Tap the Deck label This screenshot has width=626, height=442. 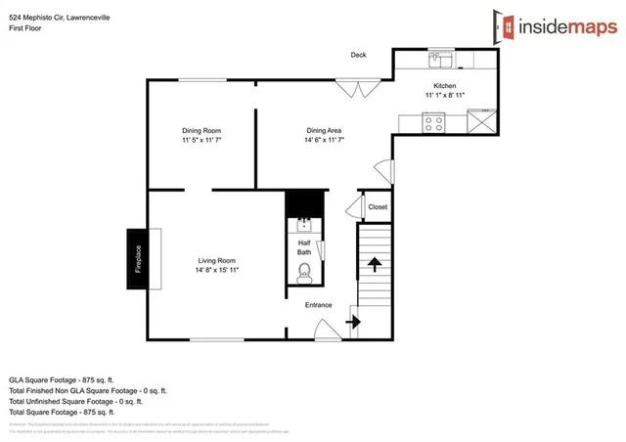coord(359,55)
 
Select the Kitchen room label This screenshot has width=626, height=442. coord(445,85)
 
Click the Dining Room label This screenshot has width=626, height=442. coord(201,130)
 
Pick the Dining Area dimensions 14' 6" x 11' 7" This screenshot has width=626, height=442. coord(324,141)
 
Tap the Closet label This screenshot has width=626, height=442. coord(378,206)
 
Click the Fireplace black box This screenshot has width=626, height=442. coord(137,259)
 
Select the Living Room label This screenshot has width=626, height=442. coord(217,260)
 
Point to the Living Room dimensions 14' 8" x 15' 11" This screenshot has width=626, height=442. coord(217,270)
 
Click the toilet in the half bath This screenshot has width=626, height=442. coord(304,272)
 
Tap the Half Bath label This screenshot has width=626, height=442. coord(304,245)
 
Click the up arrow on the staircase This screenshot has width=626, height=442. coord(374,264)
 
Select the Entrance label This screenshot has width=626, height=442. coord(319,305)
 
